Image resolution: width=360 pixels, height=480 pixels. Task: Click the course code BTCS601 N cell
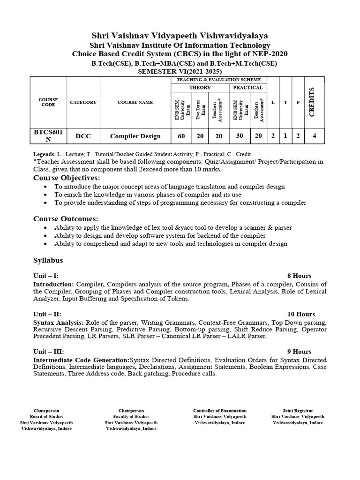(48, 136)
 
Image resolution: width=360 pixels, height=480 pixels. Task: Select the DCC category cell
(83, 136)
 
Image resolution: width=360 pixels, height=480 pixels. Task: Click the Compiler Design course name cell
(135, 136)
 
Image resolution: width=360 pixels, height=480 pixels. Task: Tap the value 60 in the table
(181, 136)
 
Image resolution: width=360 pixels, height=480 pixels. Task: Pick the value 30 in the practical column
(239, 136)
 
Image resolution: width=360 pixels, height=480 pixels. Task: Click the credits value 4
(314, 136)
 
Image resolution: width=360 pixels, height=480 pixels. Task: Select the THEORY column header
(200, 88)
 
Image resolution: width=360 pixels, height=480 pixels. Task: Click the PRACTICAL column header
(247, 88)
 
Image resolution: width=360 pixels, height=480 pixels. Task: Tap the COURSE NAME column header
(135, 102)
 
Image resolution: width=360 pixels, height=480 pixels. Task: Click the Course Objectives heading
(66, 178)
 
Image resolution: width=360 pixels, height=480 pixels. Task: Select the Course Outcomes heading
(66, 219)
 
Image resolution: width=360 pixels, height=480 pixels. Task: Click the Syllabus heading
(48, 260)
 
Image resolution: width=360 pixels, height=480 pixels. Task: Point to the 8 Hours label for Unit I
(299, 276)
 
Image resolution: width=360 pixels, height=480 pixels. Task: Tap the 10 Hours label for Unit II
(301, 314)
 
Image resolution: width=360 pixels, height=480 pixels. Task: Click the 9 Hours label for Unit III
(299, 352)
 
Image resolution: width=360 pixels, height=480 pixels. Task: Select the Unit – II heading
(47, 314)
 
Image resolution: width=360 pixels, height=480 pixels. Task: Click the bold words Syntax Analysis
(59, 323)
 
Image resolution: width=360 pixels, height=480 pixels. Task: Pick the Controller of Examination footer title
(220, 411)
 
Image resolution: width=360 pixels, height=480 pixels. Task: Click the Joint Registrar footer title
(298, 411)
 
